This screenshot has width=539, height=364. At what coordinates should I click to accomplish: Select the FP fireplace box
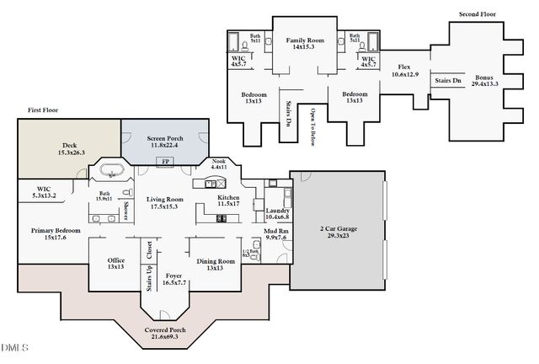pos(165,162)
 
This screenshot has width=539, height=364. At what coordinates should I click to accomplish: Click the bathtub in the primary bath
pos(111,172)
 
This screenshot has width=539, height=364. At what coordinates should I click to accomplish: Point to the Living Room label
pos(163,202)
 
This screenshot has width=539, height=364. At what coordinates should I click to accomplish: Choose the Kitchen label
pos(228,200)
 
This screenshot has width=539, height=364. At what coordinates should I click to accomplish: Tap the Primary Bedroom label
pos(56,234)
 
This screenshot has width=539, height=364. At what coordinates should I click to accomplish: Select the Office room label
pos(116,264)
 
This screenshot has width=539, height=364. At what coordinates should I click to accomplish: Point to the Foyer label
pos(173,278)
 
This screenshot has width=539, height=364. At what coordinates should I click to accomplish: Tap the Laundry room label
pos(277,214)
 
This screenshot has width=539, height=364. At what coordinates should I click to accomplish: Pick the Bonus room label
pos(485,80)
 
